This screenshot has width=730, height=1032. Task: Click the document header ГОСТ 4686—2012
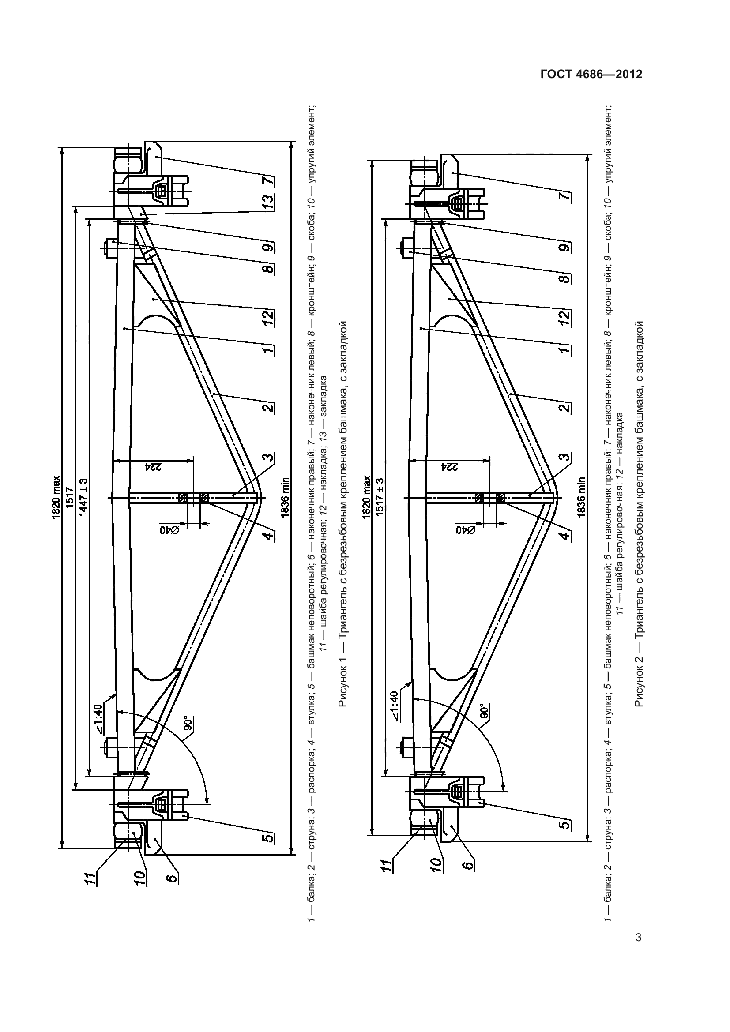tap(591, 75)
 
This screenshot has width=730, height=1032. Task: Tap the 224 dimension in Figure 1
tap(153, 466)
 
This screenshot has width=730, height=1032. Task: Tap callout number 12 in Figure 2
tap(565, 318)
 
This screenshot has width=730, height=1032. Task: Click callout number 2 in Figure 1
tap(268, 408)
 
